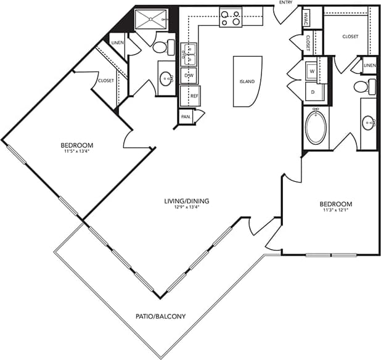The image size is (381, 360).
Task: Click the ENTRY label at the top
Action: pos(285,3)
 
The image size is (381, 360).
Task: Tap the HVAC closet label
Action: pos(306,19)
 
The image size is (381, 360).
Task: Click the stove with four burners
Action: pos(231,18)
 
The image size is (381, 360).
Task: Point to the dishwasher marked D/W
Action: pos(188,75)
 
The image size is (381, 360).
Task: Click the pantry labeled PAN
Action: pos(185,116)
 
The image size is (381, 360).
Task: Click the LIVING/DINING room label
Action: pos(185,200)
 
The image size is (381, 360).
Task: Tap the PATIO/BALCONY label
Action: pos(160,317)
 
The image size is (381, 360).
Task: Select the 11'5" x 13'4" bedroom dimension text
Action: pos(81,151)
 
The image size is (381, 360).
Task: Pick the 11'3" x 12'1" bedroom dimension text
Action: pos(335,211)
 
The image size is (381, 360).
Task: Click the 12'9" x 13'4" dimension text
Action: pos(185,207)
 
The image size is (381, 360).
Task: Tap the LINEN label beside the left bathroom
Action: pos(117,42)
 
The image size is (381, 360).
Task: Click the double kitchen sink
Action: pos(189,54)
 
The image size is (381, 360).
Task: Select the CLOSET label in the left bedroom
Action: pos(106,81)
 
